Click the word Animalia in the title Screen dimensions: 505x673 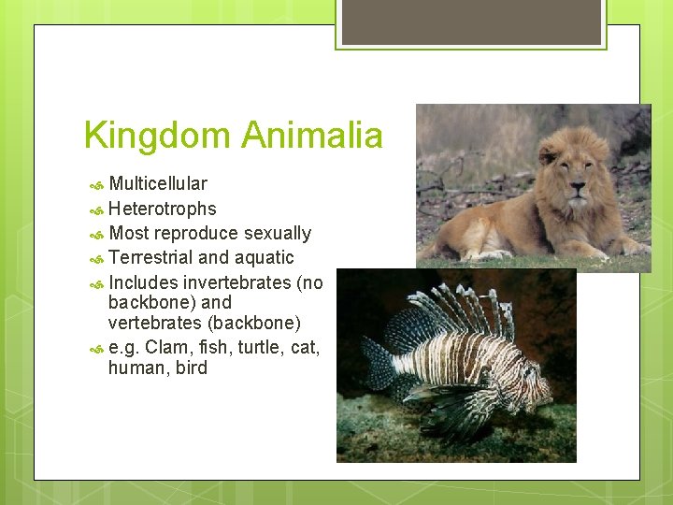coord(311,137)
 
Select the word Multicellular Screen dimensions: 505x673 coord(158,183)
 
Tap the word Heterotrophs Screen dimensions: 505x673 coord(162,209)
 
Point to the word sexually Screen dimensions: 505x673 coord(278,233)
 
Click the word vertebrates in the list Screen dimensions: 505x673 coord(152,323)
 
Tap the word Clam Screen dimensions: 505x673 coord(166,348)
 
